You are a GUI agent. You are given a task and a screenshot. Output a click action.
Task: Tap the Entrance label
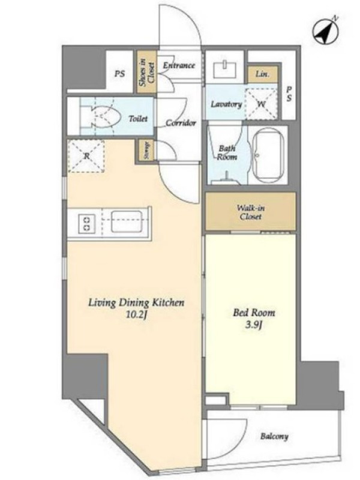click(x=179, y=65)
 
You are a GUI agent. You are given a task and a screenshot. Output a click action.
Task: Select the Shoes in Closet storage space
click(x=146, y=72)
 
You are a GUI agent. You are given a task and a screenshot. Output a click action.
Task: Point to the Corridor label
click(x=181, y=123)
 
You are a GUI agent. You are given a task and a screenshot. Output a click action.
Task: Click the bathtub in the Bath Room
click(x=268, y=155)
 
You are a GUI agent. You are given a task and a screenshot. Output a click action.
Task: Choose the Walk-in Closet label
click(x=251, y=212)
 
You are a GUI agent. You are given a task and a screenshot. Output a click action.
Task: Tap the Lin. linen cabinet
click(x=263, y=74)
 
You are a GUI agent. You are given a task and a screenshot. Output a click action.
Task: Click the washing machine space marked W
click(x=261, y=104)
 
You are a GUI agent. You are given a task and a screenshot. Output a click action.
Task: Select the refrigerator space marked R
click(x=86, y=156)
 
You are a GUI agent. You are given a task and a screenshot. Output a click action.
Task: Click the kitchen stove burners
click(x=86, y=223)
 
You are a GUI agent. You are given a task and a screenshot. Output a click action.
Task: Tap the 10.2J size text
click(x=137, y=315)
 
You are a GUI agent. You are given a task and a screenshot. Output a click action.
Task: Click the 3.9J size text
click(x=254, y=325)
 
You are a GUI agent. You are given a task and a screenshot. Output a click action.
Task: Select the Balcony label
click(x=274, y=436)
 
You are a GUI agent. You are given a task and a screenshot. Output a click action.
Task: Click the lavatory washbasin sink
click(x=224, y=69)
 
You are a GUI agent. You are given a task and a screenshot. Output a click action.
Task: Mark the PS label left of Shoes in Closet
click(x=119, y=74)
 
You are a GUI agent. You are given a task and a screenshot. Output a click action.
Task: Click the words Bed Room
click(x=254, y=313)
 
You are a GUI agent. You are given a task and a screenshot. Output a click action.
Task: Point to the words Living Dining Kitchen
click(x=137, y=303)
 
